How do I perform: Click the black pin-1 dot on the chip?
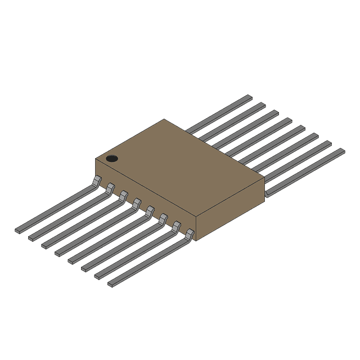click(112, 159)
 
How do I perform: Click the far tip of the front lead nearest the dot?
click(19, 230)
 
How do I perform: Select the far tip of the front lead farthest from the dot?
click(111, 283)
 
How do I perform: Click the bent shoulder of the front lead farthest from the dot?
click(190, 233)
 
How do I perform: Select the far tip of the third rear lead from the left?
click(273, 112)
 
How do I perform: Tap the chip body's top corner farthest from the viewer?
click(165, 120)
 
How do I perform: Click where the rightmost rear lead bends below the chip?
click(268, 193)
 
